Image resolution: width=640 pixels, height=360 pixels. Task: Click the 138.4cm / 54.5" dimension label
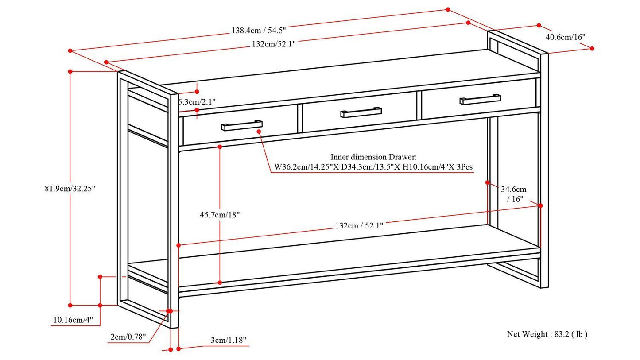click(258, 31)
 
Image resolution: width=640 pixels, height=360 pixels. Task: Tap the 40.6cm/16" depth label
click(565, 37)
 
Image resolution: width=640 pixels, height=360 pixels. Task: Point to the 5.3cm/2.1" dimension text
click(197, 102)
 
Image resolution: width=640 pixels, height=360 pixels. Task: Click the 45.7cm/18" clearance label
click(220, 215)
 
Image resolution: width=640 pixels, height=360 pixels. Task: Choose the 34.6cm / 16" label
click(514, 194)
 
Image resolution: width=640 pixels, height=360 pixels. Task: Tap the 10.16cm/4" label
click(73, 320)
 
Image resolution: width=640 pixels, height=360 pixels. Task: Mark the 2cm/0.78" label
click(128, 337)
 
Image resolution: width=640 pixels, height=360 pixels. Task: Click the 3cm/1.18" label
click(229, 340)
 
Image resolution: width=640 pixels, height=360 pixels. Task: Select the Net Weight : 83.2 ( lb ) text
click(547, 334)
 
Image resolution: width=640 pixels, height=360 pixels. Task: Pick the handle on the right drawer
click(480, 100)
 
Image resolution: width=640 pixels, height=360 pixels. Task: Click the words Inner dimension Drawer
click(373, 157)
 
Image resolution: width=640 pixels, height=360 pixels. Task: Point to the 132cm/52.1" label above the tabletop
click(274, 44)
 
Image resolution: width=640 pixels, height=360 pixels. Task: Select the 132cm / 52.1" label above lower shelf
click(359, 225)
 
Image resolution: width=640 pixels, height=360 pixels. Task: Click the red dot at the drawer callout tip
click(259, 132)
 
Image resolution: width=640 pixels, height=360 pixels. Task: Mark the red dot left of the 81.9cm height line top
click(70, 71)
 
